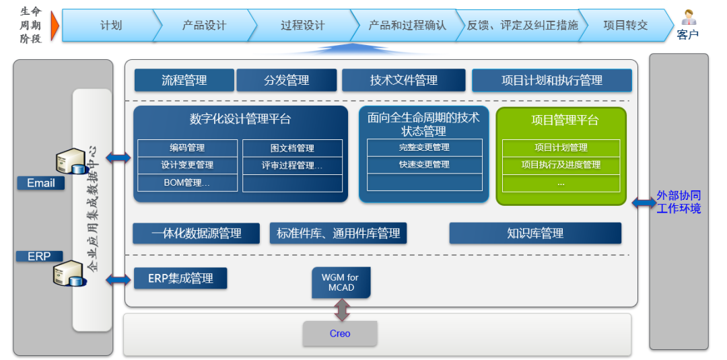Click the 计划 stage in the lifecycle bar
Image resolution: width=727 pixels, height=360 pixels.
pyautogui.click(x=110, y=26)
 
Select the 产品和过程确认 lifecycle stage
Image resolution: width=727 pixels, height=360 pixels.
pyautogui.click(x=407, y=26)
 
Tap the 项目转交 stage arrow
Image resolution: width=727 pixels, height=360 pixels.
pyautogui.click(x=625, y=26)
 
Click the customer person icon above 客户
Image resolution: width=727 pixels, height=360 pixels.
pyautogui.click(x=688, y=17)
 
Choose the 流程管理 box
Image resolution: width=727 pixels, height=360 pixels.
pyautogui.click(x=184, y=80)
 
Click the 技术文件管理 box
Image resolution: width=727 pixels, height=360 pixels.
pyautogui.click(x=403, y=80)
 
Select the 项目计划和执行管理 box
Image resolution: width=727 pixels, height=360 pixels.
pyautogui.click(x=551, y=81)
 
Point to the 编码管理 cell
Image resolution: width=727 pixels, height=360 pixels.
pyautogui.click(x=187, y=147)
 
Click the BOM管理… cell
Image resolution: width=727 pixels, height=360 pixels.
pyautogui.click(x=187, y=182)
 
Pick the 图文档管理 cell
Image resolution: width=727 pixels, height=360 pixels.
pyautogui.click(x=292, y=148)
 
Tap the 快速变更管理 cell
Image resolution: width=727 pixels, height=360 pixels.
pyautogui.click(x=424, y=165)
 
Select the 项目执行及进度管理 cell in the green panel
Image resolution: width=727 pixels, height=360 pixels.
pyautogui.click(x=561, y=165)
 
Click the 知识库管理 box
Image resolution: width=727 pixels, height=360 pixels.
pyautogui.click(x=535, y=233)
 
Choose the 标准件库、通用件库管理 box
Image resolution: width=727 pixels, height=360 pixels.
pyautogui.click(x=338, y=233)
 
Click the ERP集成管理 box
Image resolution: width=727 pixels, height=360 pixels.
pyautogui.click(x=180, y=278)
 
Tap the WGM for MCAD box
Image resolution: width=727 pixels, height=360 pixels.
pyautogui.click(x=341, y=283)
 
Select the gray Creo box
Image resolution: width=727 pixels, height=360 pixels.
pyautogui.click(x=340, y=333)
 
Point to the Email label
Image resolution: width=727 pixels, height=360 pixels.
pyautogui.click(x=41, y=183)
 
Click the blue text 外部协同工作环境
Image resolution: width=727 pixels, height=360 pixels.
pyautogui.click(x=679, y=202)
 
